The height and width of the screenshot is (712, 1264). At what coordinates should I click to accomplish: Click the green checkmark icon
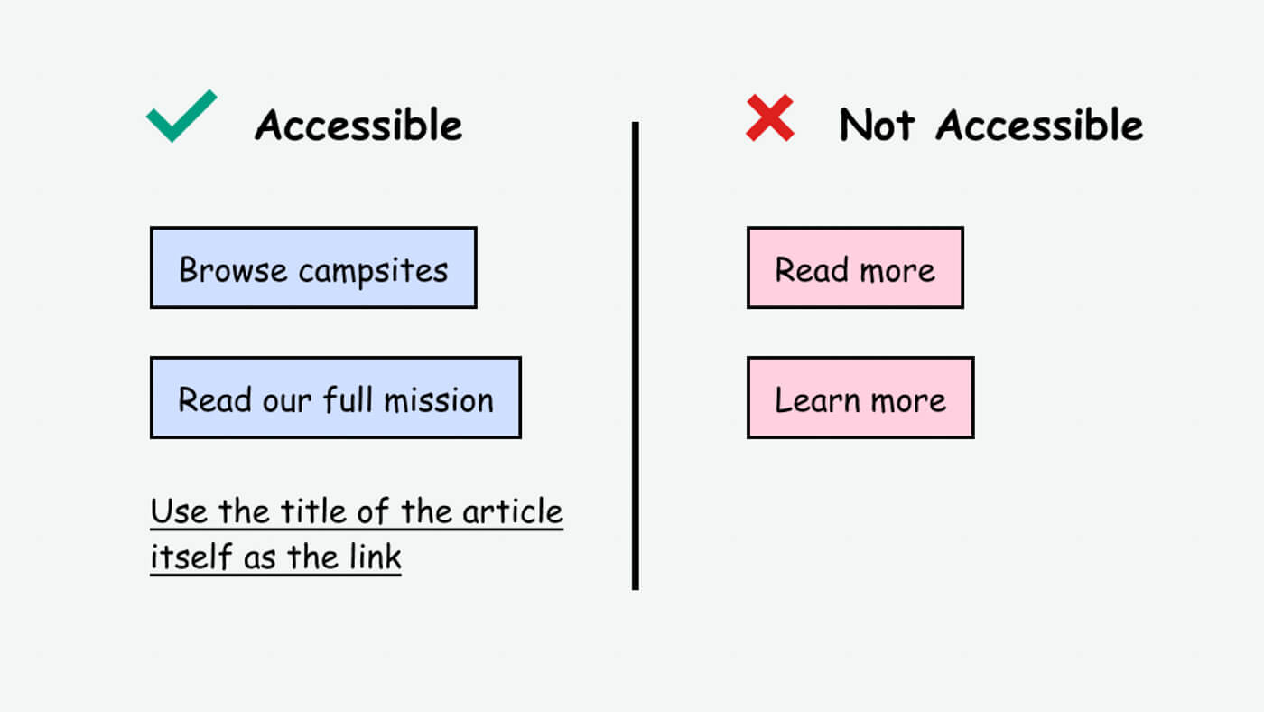181,117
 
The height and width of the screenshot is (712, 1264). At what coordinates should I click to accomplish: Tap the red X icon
769,118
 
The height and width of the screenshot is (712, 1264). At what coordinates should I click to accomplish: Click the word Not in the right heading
876,125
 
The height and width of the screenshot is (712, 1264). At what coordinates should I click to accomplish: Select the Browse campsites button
312,267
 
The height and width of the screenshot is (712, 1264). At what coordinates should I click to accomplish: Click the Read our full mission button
335,398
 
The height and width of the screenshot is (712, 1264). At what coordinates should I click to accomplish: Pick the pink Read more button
854,267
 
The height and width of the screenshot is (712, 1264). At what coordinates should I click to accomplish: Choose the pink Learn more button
860,398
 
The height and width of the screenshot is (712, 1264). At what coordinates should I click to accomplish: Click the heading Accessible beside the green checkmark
358,125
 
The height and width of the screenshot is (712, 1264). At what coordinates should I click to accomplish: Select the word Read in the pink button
800,269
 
